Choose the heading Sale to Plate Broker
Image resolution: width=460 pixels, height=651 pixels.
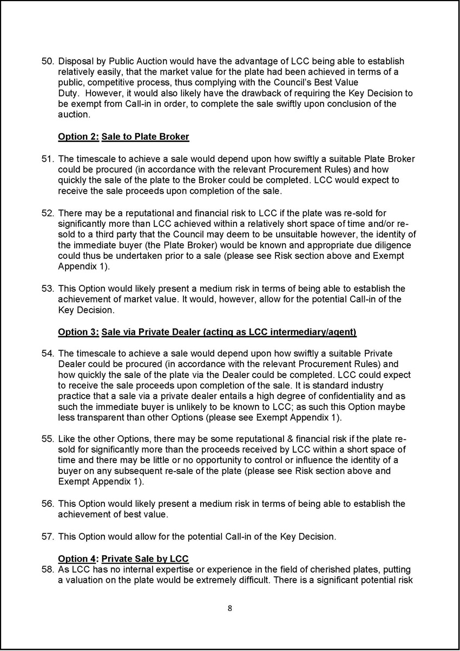pyautogui.click(x=145, y=137)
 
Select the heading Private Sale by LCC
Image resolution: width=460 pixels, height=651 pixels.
pyautogui.click(x=145, y=558)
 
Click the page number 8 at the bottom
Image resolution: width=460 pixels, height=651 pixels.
pyautogui.click(x=230, y=608)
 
